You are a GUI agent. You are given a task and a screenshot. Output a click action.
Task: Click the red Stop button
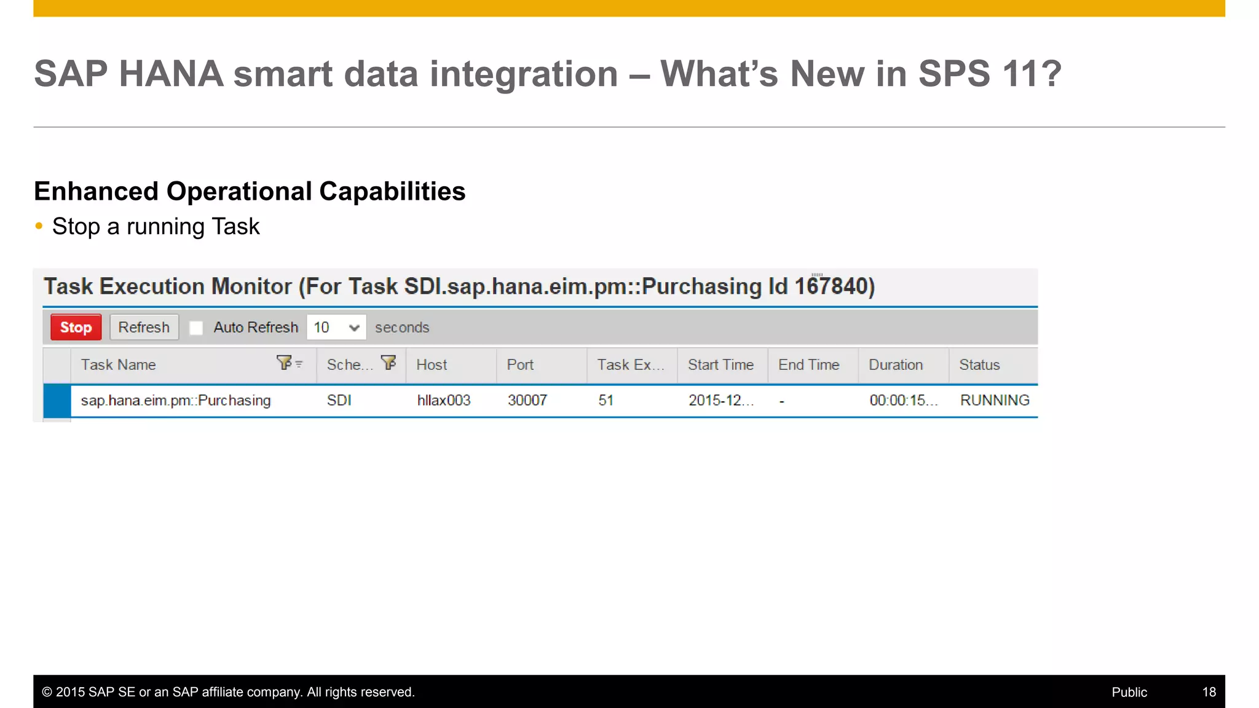pos(76,328)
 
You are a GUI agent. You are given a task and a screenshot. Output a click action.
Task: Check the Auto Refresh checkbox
pos(196,328)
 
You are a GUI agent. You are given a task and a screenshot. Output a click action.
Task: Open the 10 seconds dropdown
pos(336,328)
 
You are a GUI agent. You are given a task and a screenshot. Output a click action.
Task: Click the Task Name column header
pos(119,365)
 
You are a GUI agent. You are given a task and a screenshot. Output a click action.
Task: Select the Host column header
pos(432,365)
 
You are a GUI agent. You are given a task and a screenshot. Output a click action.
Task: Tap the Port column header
pos(520,365)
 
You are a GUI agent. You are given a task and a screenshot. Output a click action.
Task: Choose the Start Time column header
pos(720,365)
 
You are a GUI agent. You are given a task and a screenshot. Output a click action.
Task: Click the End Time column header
pos(808,365)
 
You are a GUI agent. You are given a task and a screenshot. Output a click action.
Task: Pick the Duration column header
pos(896,365)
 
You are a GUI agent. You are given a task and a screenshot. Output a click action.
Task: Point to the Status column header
pos(979,365)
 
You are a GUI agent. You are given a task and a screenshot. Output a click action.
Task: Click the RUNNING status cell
pos(995,401)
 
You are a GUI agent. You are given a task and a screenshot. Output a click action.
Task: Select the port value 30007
pos(527,401)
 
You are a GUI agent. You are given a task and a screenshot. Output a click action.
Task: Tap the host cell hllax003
pos(444,401)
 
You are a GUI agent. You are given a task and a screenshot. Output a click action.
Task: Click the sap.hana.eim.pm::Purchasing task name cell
pos(176,401)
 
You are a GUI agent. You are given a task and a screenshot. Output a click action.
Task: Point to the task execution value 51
pos(606,401)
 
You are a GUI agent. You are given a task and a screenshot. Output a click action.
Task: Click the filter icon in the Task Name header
pos(285,363)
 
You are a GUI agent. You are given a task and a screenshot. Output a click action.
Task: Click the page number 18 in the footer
pos(1209,692)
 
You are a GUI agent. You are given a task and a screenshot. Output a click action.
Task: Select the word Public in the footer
pos(1129,692)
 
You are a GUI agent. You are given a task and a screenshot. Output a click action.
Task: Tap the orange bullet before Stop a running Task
pos(39,226)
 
